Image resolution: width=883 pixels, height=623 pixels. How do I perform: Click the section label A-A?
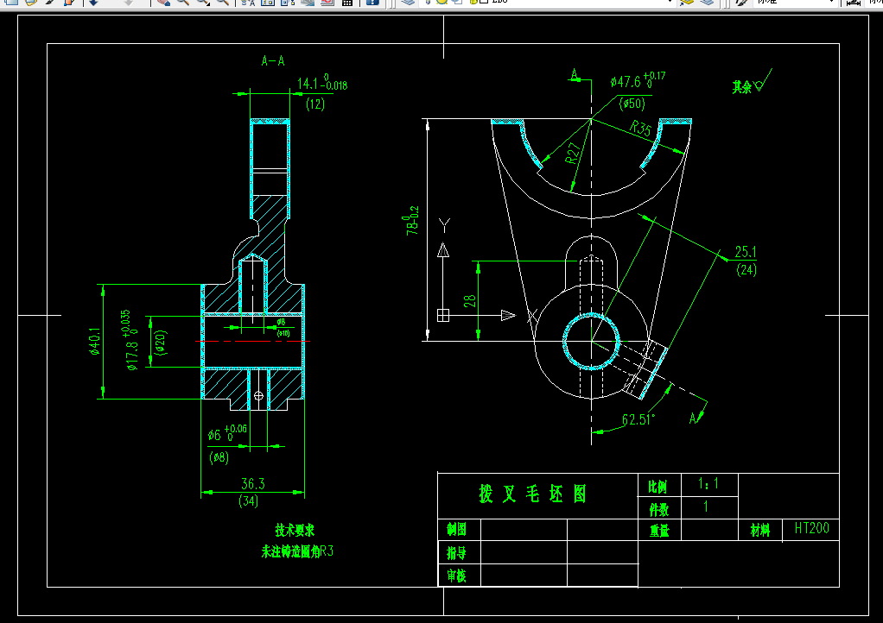[x=273, y=60]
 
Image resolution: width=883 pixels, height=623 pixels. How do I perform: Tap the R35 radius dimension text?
[x=641, y=129]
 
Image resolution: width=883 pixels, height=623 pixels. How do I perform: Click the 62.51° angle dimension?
[x=639, y=420]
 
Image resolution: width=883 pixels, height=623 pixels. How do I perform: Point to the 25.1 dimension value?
[x=746, y=252]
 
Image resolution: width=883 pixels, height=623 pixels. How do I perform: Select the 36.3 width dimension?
[x=252, y=484]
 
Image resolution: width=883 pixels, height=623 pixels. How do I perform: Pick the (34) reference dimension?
[x=252, y=500]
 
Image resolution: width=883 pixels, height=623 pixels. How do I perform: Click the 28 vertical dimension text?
[x=469, y=300]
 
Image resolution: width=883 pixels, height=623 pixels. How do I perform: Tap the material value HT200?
[x=811, y=528]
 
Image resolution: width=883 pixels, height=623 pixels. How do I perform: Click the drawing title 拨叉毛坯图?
[x=533, y=494]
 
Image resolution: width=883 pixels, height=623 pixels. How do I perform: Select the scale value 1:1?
[x=706, y=484]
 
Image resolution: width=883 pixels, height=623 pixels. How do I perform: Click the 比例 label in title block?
[x=658, y=486]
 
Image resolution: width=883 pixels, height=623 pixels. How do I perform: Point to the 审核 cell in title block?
[x=456, y=576]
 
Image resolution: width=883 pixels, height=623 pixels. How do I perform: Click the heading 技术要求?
[x=295, y=530]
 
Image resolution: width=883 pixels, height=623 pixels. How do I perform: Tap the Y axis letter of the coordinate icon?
[x=444, y=226]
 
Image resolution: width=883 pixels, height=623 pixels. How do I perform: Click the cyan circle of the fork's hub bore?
[x=565, y=342]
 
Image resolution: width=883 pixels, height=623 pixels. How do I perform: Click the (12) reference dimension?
[x=315, y=104]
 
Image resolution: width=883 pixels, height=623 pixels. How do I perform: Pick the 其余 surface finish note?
[x=741, y=86]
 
